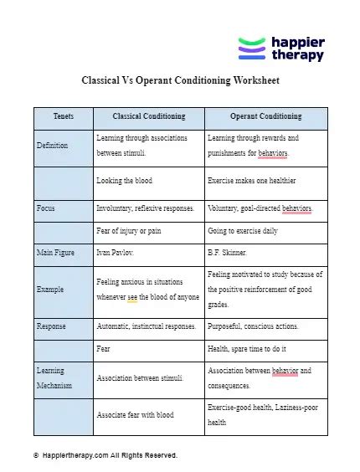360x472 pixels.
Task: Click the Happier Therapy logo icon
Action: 251,49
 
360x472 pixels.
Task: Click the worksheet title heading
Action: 179,82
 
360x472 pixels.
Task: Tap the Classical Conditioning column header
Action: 148,117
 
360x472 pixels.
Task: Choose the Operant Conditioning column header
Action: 265,117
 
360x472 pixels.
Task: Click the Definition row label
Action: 52,146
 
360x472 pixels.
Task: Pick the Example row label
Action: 50,289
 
